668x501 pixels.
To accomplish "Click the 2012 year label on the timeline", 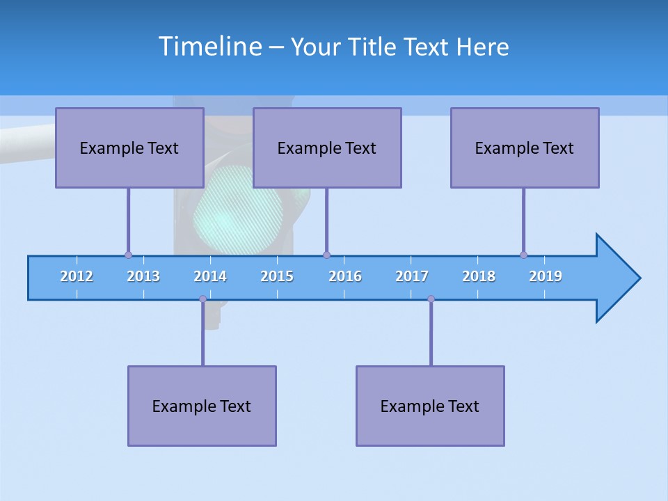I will point(77,276).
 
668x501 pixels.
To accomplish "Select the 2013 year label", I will point(143,276).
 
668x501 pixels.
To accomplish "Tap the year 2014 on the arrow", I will point(210,276).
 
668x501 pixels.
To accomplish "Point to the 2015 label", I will point(277,276).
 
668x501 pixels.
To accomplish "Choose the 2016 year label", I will point(345,276).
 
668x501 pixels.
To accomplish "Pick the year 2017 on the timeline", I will point(412,276).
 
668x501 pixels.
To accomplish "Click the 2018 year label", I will point(479,276).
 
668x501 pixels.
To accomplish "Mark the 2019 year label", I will point(546,276).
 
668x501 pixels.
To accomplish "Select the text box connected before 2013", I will point(129,148).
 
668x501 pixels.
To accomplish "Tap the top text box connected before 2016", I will point(327,148).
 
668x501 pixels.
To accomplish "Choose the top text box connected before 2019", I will point(525,148).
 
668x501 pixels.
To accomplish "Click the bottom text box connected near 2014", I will point(202,406).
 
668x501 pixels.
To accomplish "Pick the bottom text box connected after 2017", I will point(430,406).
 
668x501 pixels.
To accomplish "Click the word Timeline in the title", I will point(209,46).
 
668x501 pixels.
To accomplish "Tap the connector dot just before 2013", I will point(128,255).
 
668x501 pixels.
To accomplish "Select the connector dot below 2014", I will point(202,299).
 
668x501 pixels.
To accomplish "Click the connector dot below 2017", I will point(431,299).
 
